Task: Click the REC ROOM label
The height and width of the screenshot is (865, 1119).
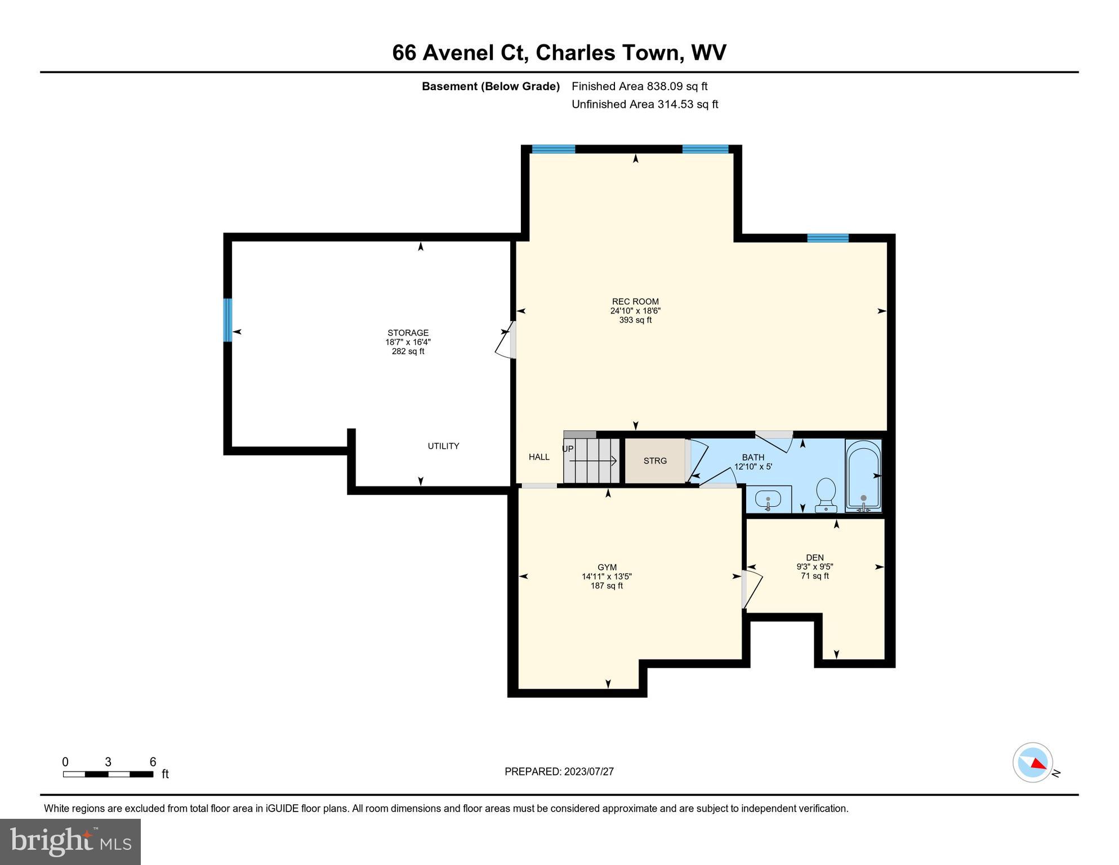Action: pos(635,301)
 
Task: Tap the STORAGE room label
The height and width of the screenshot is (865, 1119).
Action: pos(408,333)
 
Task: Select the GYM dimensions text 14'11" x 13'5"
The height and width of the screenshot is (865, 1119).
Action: pos(607,577)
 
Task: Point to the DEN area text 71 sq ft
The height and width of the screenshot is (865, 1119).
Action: pos(814,576)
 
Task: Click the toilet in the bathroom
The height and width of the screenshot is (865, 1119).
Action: pos(826,494)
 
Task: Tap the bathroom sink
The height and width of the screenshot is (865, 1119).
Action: pos(768,500)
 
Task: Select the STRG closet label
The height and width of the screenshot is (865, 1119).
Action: pos(655,461)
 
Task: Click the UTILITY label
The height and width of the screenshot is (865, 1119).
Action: pos(443,446)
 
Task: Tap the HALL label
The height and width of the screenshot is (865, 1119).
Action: pos(539,457)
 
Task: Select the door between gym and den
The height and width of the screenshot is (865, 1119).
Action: pos(751,590)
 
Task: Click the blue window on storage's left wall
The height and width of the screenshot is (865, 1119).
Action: pos(228,320)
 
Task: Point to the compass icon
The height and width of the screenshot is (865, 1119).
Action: pos(1033,762)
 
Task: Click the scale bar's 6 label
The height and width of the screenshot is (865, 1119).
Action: pos(153,762)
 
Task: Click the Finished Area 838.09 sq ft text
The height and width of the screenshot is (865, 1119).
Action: pos(639,86)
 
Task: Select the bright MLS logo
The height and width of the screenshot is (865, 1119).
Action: pos(70,841)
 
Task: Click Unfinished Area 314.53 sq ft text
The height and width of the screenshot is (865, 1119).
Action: pos(644,104)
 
